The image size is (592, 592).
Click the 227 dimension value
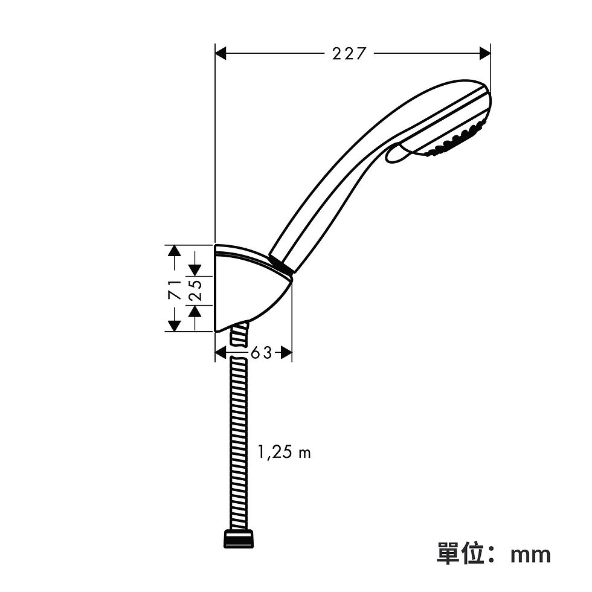click(x=349, y=54)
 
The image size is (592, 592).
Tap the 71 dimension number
click(x=175, y=289)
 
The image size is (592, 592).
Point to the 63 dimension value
click(x=261, y=353)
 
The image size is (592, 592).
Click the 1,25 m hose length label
click(x=285, y=452)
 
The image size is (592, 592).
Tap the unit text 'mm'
click(x=530, y=555)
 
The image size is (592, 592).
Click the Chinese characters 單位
click(x=460, y=553)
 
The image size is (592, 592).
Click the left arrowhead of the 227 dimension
click(x=220, y=54)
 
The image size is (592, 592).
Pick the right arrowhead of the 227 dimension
click(x=484, y=54)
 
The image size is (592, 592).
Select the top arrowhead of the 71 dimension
click(x=174, y=251)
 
